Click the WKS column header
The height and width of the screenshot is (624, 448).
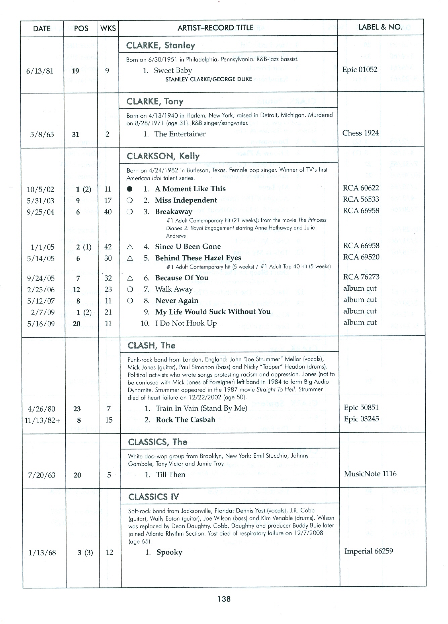(x=108, y=29)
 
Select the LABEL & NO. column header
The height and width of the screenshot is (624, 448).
(x=380, y=27)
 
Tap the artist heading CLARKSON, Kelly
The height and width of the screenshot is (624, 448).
(x=163, y=156)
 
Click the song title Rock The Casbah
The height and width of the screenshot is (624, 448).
(x=185, y=420)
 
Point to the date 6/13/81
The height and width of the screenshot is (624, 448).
(x=40, y=71)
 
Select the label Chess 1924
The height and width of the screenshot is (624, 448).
(x=360, y=133)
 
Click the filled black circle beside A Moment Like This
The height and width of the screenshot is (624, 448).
(x=130, y=189)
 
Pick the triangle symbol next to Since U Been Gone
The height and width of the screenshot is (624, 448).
(x=130, y=247)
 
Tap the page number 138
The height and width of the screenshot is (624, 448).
(x=224, y=599)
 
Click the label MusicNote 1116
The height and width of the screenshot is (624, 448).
(x=370, y=474)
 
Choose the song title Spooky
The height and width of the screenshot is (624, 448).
(x=169, y=552)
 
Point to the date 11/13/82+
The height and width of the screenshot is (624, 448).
(x=42, y=420)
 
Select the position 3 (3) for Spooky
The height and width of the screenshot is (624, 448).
(x=85, y=553)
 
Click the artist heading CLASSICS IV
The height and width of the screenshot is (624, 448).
(x=153, y=497)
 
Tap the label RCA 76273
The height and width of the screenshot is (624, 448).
(x=361, y=277)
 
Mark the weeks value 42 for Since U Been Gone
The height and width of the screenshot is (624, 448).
(x=108, y=247)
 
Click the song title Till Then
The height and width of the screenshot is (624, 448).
(x=171, y=475)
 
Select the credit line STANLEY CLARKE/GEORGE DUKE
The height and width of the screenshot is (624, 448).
(x=209, y=80)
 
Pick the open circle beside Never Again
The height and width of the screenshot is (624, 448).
(x=130, y=301)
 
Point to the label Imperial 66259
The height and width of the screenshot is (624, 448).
(x=368, y=551)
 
